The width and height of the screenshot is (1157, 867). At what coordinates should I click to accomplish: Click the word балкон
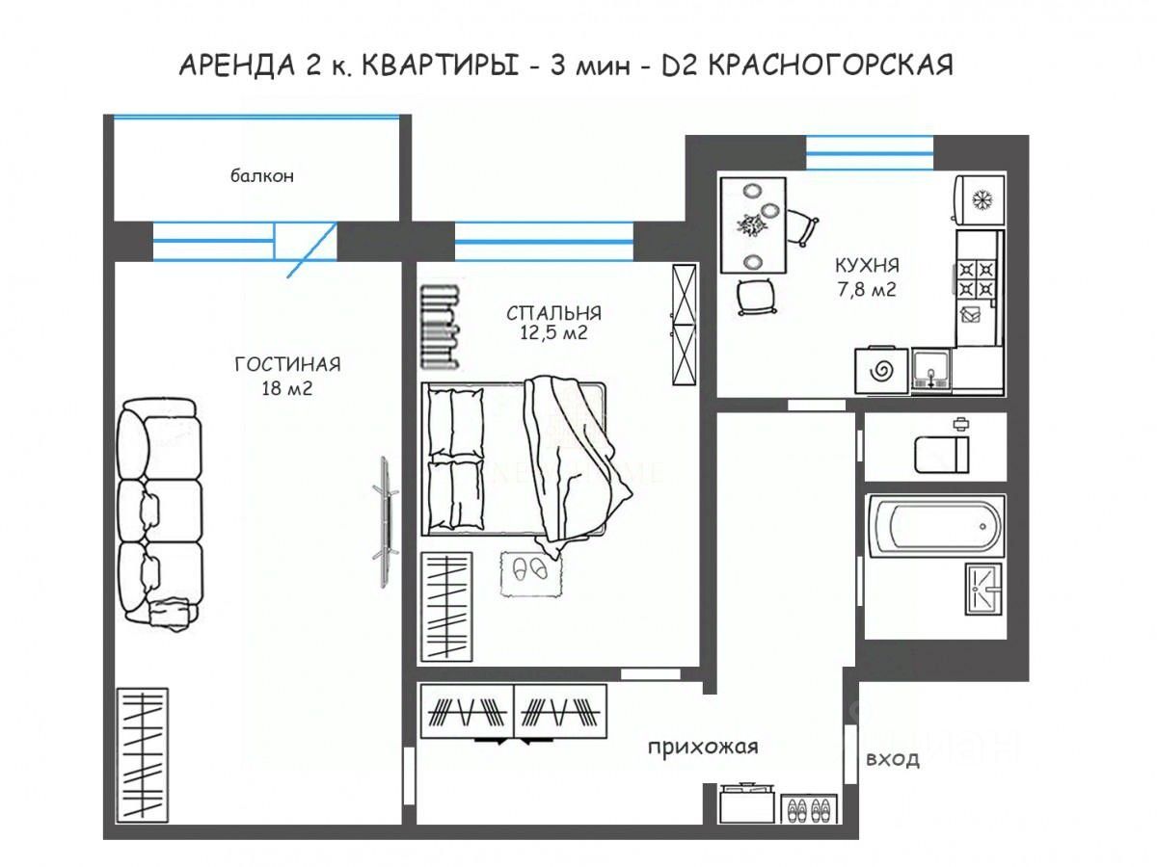[x=261, y=176]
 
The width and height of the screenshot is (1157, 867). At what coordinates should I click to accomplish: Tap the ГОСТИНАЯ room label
[x=287, y=364]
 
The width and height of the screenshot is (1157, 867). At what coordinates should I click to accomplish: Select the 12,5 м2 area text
[x=553, y=332]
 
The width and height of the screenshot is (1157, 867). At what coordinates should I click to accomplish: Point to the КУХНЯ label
[x=867, y=265]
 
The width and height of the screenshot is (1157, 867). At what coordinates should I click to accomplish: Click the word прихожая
[x=703, y=747]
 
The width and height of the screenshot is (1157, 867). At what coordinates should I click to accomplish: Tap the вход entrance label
[x=893, y=759]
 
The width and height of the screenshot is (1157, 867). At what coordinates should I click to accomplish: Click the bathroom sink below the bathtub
[x=983, y=589]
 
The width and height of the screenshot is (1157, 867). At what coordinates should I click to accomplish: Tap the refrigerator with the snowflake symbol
[x=980, y=199]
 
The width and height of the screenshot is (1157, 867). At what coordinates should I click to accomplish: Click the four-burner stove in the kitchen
[x=977, y=279]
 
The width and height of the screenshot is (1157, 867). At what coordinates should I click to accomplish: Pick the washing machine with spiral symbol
[x=881, y=370]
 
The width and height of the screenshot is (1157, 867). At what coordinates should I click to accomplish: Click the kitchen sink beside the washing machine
[x=930, y=370]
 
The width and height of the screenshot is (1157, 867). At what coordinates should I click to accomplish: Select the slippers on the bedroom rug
[x=529, y=568]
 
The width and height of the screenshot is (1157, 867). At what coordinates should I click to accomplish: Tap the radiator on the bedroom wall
[x=439, y=327]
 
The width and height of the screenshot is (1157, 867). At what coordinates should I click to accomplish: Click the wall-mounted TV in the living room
[x=386, y=522]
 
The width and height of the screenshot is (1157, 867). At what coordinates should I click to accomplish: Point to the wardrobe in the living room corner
[x=142, y=755]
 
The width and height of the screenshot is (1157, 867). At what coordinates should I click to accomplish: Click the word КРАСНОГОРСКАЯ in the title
[x=828, y=66]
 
